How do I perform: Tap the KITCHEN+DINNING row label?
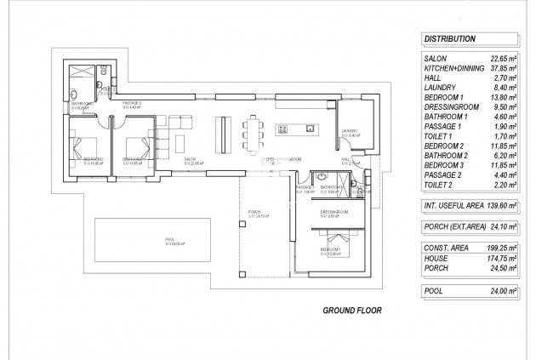[454, 68]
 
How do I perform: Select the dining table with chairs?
[254, 131]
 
